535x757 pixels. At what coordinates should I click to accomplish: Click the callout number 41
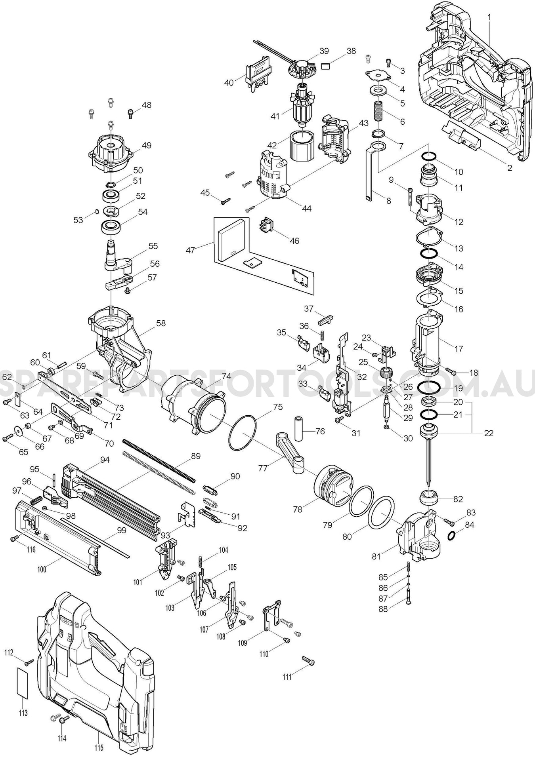275,116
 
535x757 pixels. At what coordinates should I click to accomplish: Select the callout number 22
489,433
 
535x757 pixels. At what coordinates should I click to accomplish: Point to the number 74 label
226,376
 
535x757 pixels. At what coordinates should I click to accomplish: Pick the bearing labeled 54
111,227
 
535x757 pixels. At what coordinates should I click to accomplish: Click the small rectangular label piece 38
326,65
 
